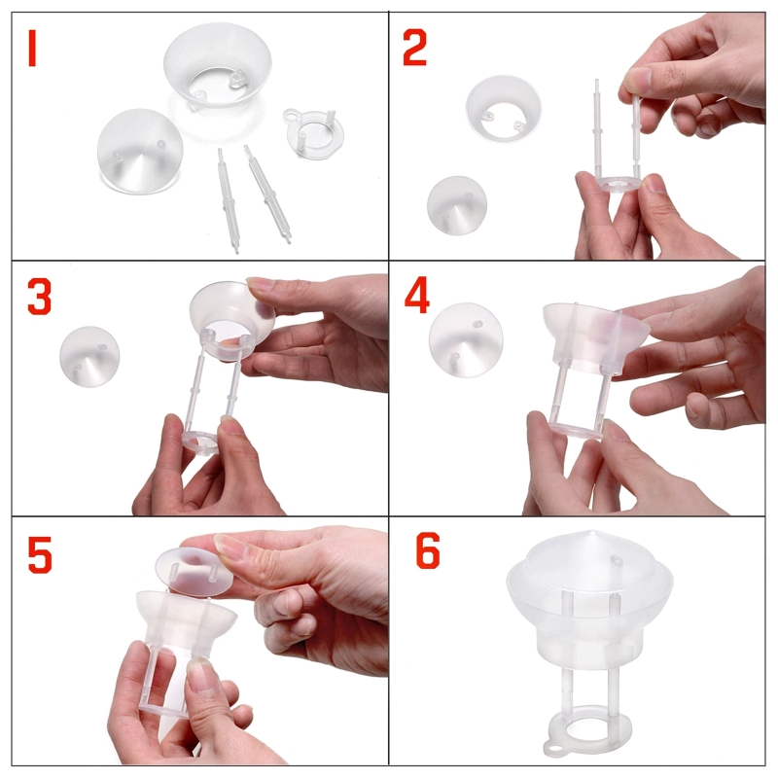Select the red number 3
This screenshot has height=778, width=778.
pos(39,299)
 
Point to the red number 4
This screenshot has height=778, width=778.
pos(416,299)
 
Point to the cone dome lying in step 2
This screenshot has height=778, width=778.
pos(457,204)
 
